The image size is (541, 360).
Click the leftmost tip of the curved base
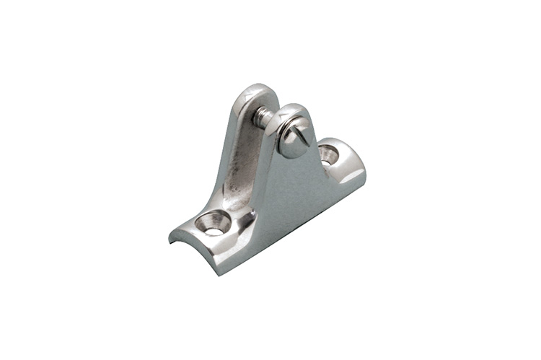click(170, 238)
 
